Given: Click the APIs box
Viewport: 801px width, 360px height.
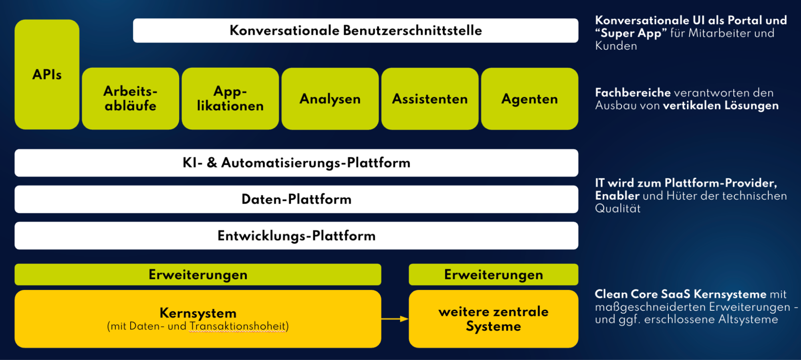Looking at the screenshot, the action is click(47, 75).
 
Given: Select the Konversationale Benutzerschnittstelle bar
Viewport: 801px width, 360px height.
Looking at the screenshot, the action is click(355, 30).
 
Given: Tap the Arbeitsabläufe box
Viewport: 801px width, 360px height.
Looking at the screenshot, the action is click(131, 99).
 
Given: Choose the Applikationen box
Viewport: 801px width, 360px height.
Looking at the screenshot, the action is click(230, 99).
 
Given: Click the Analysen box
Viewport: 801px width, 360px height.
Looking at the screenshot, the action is click(330, 99).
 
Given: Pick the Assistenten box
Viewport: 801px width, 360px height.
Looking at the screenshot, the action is click(430, 99).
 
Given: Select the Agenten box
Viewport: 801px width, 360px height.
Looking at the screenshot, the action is click(530, 99).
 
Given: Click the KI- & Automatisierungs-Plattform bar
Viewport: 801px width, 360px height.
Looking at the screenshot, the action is click(297, 163).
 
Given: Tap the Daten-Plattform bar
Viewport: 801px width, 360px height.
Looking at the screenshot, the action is click(297, 199).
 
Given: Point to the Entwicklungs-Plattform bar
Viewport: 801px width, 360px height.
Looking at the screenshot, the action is click(297, 236).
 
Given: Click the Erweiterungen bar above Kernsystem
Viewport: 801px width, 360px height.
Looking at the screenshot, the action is click(198, 275).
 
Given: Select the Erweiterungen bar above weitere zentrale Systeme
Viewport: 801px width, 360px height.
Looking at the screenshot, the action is click(494, 275).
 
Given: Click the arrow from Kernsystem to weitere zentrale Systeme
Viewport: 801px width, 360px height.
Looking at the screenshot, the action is click(395, 319).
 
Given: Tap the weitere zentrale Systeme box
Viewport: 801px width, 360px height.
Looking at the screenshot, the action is click(494, 319).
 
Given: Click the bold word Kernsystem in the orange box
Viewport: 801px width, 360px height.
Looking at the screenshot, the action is click(198, 313).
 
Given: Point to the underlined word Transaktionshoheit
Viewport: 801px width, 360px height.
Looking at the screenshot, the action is click(238, 326).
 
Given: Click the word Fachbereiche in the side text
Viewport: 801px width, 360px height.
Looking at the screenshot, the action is click(633, 93).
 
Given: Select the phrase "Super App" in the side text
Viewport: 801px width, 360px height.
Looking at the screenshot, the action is click(631, 34).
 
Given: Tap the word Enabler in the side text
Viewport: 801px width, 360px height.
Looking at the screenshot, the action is click(617, 196).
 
